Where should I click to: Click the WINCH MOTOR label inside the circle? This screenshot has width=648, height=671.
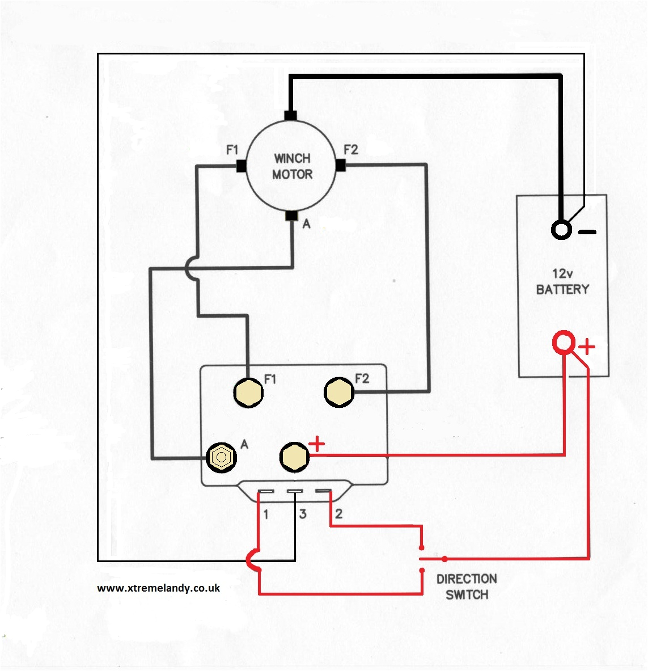(x=292, y=166)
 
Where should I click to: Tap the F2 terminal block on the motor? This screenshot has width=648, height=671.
(x=341, y=166)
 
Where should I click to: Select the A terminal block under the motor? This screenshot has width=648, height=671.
(x=291, y=216)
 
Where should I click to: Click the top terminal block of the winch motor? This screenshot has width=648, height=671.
(x=290, y=116)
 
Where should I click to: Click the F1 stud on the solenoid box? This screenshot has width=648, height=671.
(x=248, y=392)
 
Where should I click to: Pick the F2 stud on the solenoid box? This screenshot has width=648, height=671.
(x=339, y=392)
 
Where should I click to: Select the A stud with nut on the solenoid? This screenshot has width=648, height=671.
(x=221, y=457)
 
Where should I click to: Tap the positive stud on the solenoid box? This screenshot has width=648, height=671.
(x=294, y=457)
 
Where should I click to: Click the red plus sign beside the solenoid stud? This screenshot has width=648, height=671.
(x=316, y=444)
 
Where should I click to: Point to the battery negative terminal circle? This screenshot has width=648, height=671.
(x=561, y=230)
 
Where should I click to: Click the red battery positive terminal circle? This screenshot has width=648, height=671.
(x=564, y=343)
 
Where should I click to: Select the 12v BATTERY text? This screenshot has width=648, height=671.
(x=562, y=282)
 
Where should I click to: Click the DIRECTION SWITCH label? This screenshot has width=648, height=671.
(x=467, y=586)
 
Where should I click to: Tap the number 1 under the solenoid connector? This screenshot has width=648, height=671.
(x=265, y=514)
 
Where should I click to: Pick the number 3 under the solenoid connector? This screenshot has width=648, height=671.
(x=303, y=514)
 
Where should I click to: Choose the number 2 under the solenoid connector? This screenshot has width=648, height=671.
(x=338, y=514)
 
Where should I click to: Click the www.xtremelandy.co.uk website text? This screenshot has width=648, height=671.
(x=158, y=588)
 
